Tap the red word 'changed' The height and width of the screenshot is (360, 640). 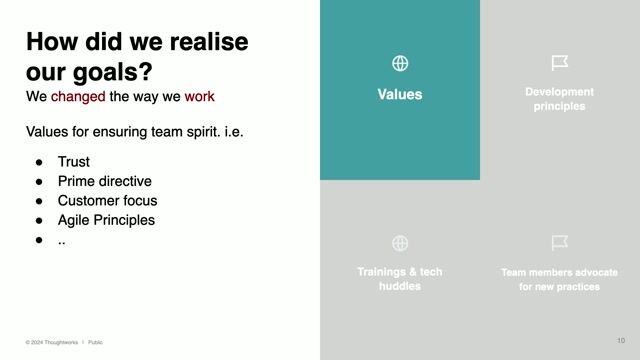click(x=78, y=97)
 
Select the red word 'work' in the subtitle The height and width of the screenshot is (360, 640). click(x=199, y=97)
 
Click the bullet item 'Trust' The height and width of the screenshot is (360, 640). click(x=74, y=162)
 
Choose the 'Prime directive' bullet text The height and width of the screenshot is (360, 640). click(x=105, y=181)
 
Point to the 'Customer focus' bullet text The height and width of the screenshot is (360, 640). click(x=107, y=201)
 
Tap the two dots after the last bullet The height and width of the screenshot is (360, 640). click(x=62, y=241)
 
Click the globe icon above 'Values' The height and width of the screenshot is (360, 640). click(x=400, y=64)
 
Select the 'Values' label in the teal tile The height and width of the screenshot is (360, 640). click(x=400, y=95)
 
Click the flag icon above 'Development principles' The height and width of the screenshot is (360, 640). click(x=560, y=64)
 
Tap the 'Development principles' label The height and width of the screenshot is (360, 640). click(x=560, y=99)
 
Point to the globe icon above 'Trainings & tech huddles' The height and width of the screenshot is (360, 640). click(x=400, y=243)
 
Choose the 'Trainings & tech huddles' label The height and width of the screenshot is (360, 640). click(x=400, y=279)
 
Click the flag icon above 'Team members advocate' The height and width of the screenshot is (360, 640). click(x=560, y=243)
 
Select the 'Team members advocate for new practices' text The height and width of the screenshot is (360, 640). click(x=560, y=279)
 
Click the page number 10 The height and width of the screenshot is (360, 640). click(x=621, y=340)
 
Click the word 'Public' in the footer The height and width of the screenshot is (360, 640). click(x=95, y=342)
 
